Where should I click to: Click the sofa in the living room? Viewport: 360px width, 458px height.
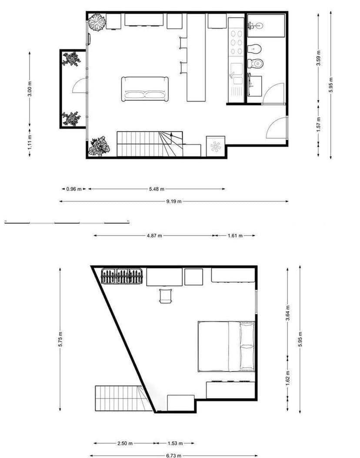pos(145,89)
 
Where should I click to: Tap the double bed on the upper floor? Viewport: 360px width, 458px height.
pos(226,346)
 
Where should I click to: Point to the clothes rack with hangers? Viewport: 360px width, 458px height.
pos(122,276)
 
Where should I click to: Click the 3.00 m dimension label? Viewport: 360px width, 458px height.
pos(30,89)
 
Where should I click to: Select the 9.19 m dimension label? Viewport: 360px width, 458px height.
pos(173,201)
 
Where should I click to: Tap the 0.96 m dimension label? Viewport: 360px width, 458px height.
pos(74,189)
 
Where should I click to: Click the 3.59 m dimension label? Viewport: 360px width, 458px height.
pos(319,58)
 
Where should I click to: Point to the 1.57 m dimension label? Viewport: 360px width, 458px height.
pos(319,124)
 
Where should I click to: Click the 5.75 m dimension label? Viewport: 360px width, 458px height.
pos(60,339)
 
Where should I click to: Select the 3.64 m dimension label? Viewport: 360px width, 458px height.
pos(287,313)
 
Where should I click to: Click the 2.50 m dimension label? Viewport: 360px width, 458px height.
pos(125,443)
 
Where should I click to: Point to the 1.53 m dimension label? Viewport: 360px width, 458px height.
pos(175,443)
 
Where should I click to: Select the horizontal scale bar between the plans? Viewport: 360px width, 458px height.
pos(67,223)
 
